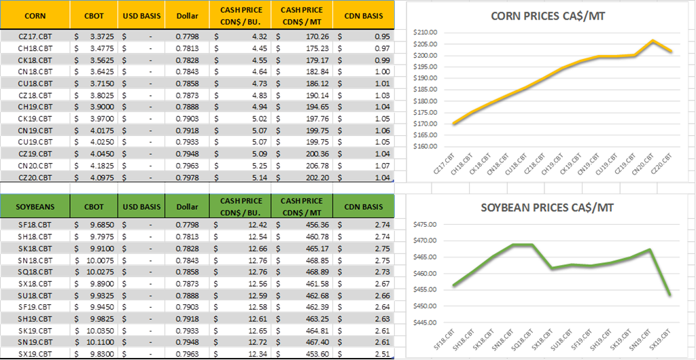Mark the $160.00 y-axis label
[x=427, y=146]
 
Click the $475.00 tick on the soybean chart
[x=427, y=224]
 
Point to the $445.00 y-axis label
[x=427, y=323]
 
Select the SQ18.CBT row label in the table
[x=33, y=271]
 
